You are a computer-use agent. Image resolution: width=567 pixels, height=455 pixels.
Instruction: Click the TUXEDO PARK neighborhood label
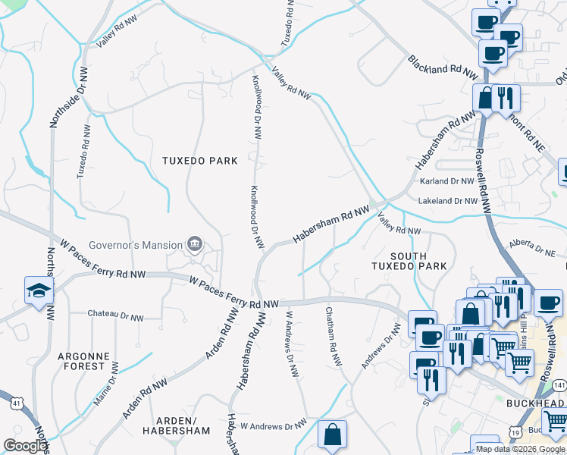coord(199,161)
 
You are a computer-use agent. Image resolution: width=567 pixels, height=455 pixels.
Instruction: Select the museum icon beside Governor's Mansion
coord(196,244)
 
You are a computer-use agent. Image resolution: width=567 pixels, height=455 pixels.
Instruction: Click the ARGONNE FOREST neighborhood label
coord(80,361)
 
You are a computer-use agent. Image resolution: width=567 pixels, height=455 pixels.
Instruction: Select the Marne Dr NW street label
coord(111,378)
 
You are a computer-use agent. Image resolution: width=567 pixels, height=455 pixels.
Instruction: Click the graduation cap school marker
coord(38,291)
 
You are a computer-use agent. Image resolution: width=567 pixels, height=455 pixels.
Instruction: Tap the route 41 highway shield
coord(10,401)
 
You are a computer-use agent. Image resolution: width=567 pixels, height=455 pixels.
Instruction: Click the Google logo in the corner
coord(25,446)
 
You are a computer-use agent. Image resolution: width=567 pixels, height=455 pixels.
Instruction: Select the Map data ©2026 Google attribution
coord(520,449)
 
